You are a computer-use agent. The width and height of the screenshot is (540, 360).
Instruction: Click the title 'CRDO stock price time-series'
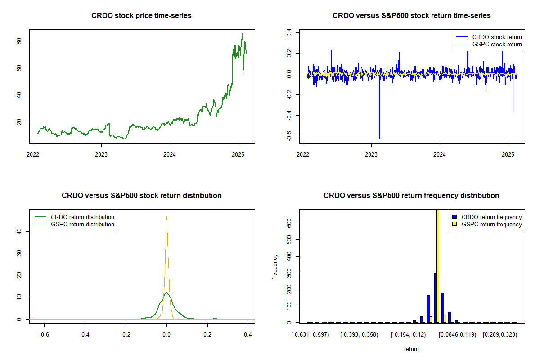[x=141, y=16]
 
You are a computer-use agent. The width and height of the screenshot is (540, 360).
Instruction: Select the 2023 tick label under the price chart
[x=101, y=153]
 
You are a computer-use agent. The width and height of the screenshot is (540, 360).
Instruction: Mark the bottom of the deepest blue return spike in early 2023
[x=379, y=139]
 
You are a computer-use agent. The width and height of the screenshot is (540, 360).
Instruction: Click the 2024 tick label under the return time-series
[x=440, y=153]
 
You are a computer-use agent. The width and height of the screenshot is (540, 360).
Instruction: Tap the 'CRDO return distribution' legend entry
[x=82, y=217]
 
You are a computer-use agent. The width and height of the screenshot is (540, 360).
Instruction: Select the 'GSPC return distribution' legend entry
[x=82, y=224]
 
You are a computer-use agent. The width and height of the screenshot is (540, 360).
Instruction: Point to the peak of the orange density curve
[x=166, y=217]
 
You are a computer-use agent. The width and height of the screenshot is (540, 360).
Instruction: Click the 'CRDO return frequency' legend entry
[x=491, y=217]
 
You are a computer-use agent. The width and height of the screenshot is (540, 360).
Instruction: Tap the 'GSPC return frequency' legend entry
[x=491, y=224]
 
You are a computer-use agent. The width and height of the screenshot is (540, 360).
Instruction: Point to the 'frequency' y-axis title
[x=275, y=266]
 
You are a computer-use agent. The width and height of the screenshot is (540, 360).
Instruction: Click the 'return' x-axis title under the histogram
[x=411, y=349]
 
